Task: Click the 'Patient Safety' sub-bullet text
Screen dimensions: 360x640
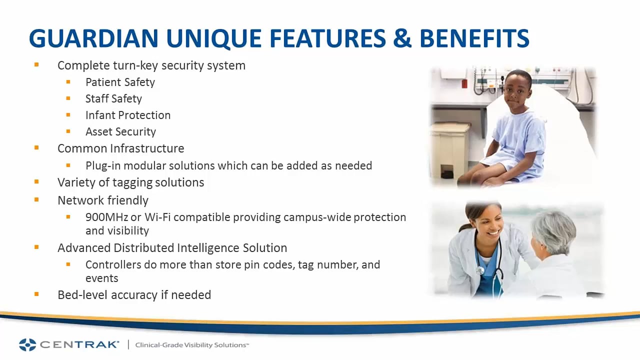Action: (120, 82)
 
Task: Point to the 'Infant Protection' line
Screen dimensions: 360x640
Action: (128, 115)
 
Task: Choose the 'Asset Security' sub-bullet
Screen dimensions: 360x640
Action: (120, 131)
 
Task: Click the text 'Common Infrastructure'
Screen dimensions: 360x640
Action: (120, 148)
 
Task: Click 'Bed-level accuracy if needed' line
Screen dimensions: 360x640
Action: (134, 295)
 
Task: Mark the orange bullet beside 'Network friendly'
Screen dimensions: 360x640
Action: (36, 199)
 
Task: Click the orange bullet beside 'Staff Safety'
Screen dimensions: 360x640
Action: (68, 98)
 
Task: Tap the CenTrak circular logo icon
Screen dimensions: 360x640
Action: (27, 344)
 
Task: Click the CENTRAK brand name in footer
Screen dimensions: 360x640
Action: (79, 344)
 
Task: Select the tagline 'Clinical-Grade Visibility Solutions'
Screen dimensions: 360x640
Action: (192, 345)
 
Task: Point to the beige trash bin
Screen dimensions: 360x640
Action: (449, 149)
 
